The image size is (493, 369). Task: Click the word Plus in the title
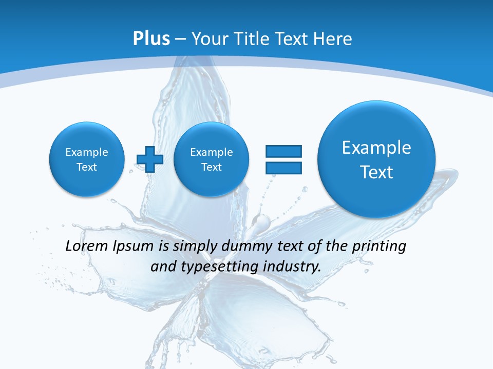pos(151,39)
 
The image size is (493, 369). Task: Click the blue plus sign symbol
pos(150,159)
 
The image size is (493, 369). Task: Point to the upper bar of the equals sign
pos(283,151)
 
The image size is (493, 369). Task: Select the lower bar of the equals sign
pos(283,168)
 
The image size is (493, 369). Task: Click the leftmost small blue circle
pos(87,159)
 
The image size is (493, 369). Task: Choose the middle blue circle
pos(211,159)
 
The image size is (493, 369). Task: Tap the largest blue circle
pos(376,159)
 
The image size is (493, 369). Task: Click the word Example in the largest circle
pos(376,148)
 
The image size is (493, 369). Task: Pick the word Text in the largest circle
pos(376,172)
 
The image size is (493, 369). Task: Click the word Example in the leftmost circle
pos(87,152)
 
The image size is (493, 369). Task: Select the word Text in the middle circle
pos(211,167)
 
